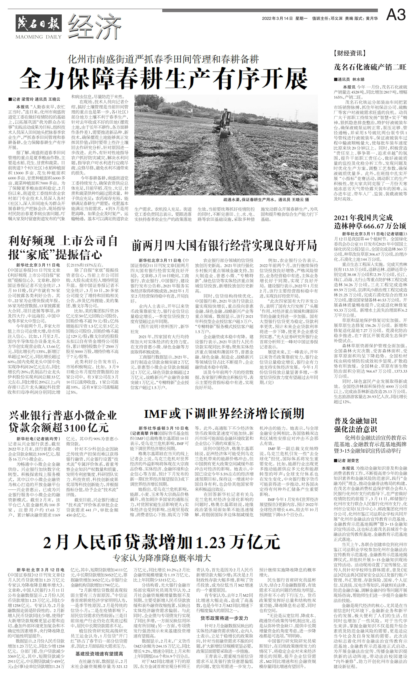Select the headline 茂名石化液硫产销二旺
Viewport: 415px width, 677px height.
(x=370, y=67)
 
